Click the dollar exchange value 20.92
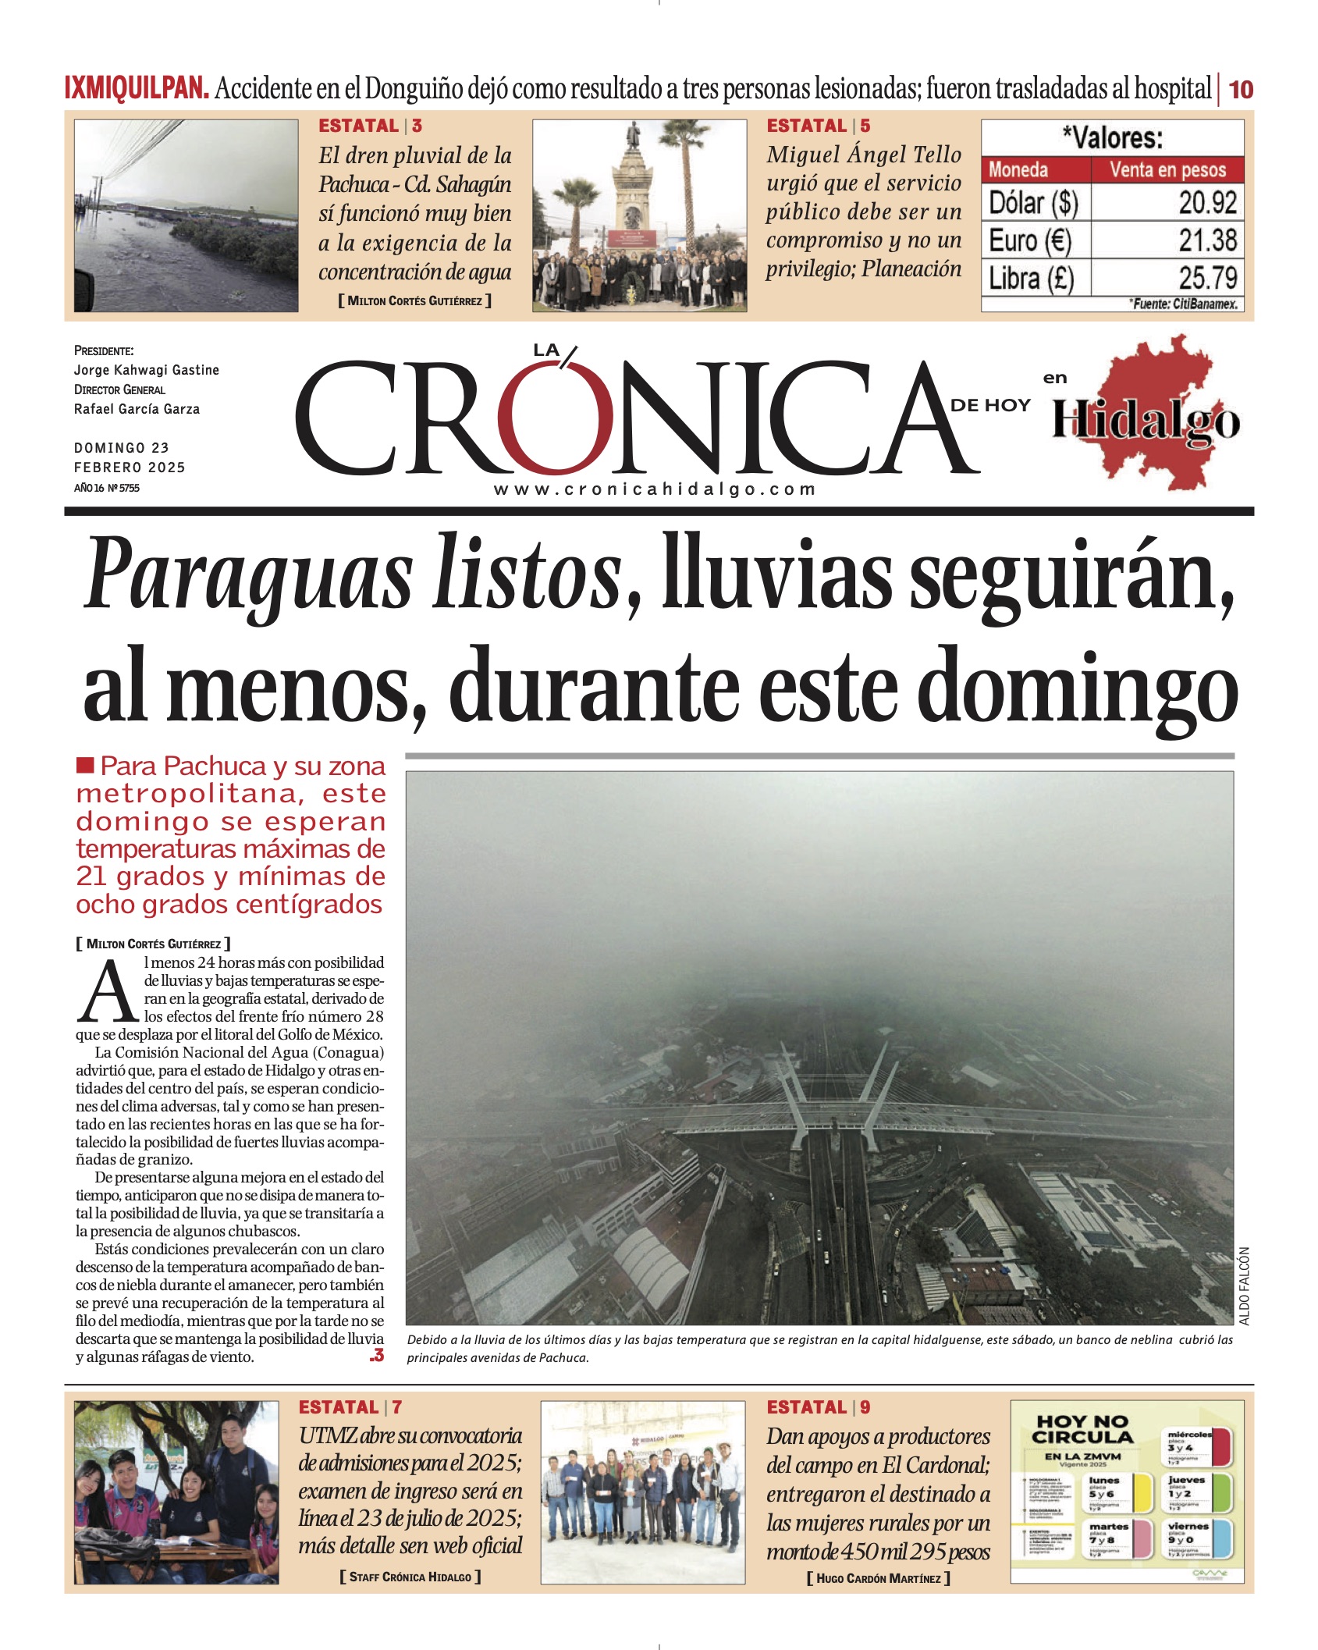click(x=1207, y=203)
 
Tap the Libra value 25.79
click(x=1207, y=278)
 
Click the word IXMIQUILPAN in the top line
click(x=137, y=88)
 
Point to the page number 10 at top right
click(x=1241, y=90)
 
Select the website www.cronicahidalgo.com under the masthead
click(x=655, y=489)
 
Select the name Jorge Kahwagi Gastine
click(x=147, y=370)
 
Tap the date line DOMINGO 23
click(x=122, y=447)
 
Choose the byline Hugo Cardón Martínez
click(x=878, y=1578)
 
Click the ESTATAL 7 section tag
click(x=350, y=1407)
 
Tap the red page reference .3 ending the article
click(x=377, y=1356)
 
